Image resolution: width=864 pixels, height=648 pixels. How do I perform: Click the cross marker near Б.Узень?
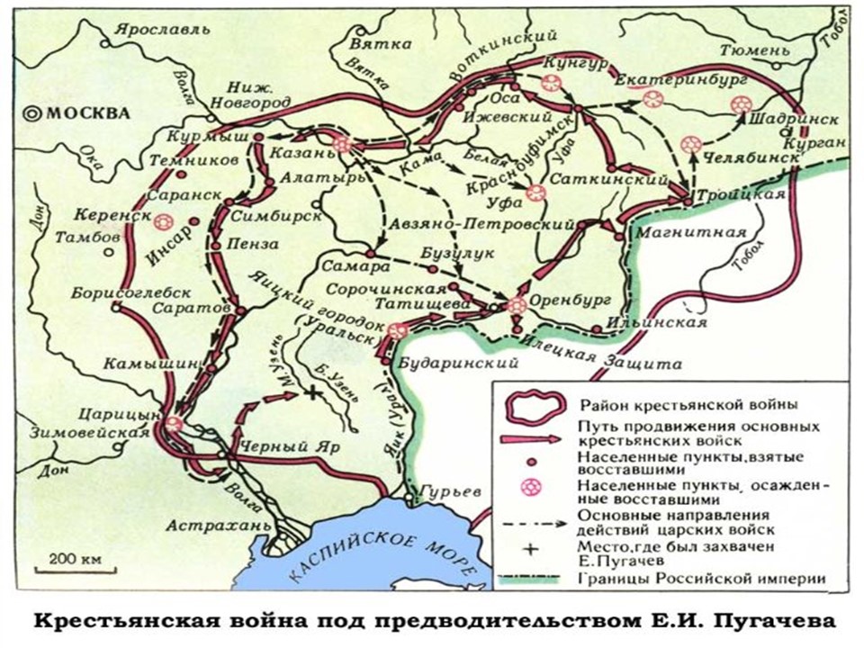[x=312, y=392]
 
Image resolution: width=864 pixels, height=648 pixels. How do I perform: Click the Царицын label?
[x=129, y=414]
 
